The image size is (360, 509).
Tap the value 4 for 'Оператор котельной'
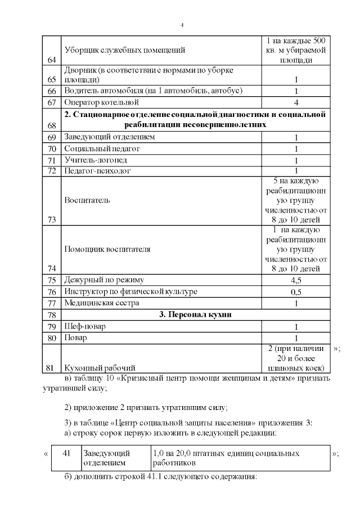pos(296,102)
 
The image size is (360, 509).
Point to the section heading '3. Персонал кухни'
pos(192,315)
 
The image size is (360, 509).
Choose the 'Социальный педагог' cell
pos(102,148)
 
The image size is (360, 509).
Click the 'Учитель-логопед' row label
pos(96,160)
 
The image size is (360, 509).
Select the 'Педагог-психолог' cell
pos(97,170)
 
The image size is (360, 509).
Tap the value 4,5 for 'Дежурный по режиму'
pos(296,280)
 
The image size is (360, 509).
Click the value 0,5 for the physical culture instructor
pos(296,292)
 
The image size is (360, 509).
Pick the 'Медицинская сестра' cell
pos(101,303)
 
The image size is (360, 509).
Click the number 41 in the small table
pos(66,453)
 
